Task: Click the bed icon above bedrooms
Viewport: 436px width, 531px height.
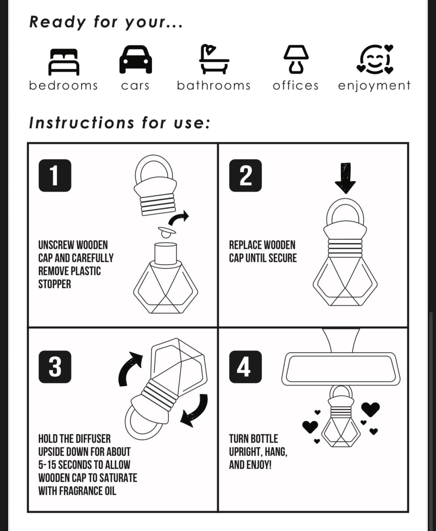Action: point(64,61)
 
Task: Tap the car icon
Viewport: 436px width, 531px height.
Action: point(135,60)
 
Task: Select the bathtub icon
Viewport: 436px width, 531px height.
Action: point(214,59)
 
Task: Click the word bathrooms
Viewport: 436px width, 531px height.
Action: point(214,86)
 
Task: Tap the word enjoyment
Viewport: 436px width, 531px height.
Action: point(374,86)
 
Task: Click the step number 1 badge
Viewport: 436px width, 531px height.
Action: point(55,176)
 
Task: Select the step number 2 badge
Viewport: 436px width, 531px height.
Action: point(245,176)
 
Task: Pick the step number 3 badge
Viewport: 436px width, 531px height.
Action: point(55,367)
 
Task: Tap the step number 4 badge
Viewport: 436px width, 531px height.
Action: point(245,367)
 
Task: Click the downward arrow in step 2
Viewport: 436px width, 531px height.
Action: point(345,178)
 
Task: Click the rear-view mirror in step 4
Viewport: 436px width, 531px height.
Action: point(341,368)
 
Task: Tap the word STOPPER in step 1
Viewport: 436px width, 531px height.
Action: point(54,284)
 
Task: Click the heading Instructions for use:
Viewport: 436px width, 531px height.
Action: point(119,123)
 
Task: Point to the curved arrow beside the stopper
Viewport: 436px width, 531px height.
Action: point(179,218)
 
